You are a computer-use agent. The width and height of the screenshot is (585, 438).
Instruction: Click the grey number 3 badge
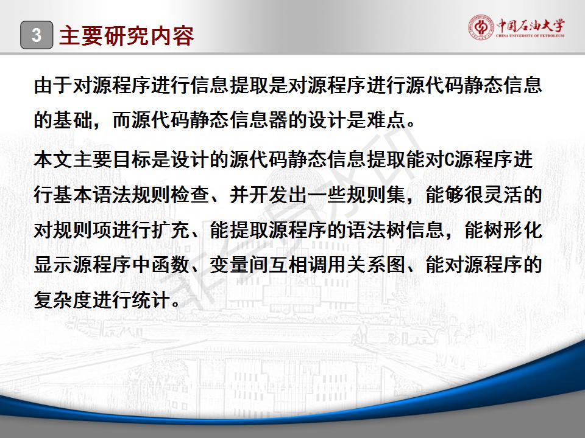(37, 35)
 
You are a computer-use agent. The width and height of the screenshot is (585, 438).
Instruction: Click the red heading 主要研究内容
(127, 36)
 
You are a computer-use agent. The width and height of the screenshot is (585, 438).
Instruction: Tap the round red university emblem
(481, 27)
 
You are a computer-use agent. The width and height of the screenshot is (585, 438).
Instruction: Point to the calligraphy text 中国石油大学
(531, 26)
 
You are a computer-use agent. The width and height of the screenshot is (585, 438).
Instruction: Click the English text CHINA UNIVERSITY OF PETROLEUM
(530, 36)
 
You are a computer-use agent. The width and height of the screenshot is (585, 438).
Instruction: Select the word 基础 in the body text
(73, 120)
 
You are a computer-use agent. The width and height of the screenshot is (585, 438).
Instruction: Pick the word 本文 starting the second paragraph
(54, 159)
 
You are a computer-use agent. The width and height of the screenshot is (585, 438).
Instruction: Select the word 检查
(191, 195)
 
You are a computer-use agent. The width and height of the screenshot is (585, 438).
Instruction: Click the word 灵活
(503, 195)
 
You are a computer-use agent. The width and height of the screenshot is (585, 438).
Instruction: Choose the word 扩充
(171, 230)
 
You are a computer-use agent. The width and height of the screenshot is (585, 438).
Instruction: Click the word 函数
(171, 265)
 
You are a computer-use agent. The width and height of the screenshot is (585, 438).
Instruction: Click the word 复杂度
(63, 300)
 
